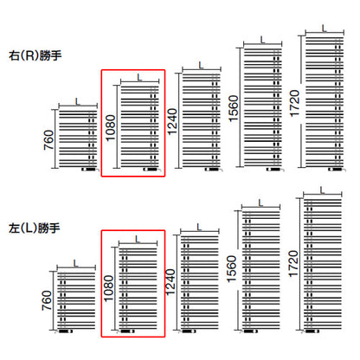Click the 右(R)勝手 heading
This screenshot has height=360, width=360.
(x=35, y=55)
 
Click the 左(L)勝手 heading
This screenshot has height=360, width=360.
(x=35, y=228)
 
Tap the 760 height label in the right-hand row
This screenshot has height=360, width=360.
(x=48, y=140)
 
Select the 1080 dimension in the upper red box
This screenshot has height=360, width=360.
(x=111, y=127)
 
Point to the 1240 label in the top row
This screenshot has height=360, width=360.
(x=172, y=122)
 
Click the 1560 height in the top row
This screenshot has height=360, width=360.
(x=234, y=108)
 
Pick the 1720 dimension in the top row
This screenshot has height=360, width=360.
(x=294, y=104)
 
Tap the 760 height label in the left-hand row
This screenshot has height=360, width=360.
(x=47, y=300)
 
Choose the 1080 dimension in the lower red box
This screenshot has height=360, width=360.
(x=108, y=288)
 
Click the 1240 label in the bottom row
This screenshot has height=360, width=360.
(x=170, y=282)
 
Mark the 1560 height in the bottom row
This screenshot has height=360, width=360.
(x=232, y=269)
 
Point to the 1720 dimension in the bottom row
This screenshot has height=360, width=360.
(x=293, y=264)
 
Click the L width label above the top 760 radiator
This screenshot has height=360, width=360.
(x=78, y=102)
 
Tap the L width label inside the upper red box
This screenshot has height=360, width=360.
(x=139, y=77)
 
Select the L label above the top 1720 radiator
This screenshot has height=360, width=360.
(x=325, y=29)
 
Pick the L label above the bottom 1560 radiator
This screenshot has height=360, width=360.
(x=260, y=203)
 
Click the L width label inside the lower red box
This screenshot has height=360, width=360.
(x=138, y=239)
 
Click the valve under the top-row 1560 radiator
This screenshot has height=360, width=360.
(x=275, y=170)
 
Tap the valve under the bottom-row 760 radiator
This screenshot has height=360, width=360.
(x=64, y=331)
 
